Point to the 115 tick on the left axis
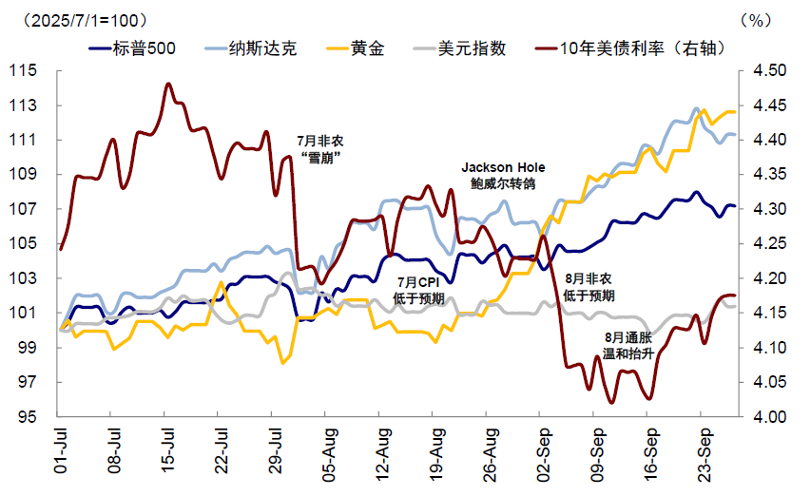point(24,71)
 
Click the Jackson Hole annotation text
point(503,166)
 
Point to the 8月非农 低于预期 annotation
point(588,287)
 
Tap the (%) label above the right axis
point(752,19)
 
